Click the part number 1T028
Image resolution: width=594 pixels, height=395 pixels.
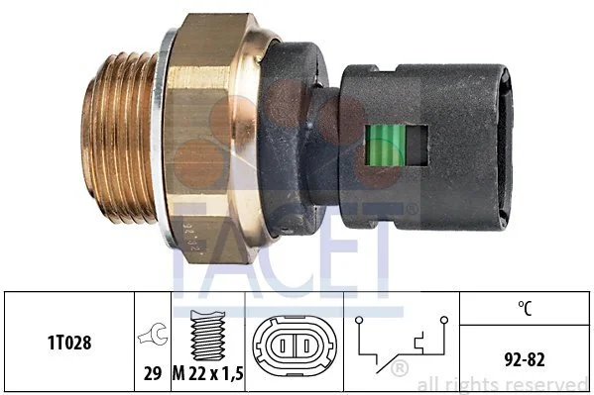click(x=69, y=343)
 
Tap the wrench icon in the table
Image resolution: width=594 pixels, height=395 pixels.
click(x=153, y=334)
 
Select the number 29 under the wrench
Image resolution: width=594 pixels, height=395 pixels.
click(x=153, y=373)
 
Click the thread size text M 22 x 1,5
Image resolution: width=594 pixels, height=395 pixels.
click(x=207, y=373)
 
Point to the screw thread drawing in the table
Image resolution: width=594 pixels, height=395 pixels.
click(x=207, y=336)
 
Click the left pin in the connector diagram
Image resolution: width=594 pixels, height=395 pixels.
click(x=283, y=346)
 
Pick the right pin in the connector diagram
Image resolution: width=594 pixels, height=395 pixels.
click(x=306, y=346)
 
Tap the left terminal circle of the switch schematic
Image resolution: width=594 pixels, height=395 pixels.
click(x=359, y=321)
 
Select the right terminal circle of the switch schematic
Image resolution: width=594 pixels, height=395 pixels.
click(x=444, y=321)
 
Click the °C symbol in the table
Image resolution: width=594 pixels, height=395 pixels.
click(x=525, y=308)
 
